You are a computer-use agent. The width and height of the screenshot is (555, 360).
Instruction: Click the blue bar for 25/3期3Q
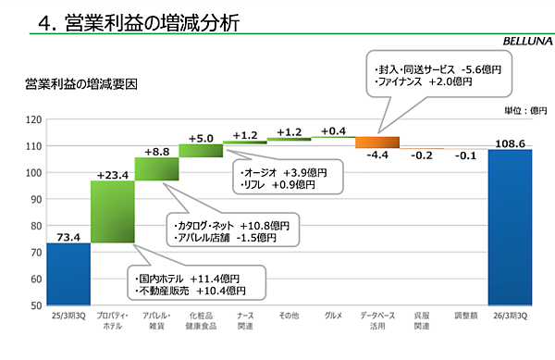click(68, 273)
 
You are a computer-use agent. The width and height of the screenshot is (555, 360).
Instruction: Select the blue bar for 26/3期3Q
click(510, 227)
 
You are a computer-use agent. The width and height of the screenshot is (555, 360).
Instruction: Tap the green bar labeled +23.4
click(113, 212)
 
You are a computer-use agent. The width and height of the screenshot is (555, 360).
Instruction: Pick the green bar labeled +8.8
click(156, 169)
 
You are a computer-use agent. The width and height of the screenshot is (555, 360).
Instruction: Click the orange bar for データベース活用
click(377, 143)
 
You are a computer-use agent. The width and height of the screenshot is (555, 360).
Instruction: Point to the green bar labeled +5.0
click(201, 150)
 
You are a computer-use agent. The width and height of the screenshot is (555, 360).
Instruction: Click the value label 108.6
click(510, 143)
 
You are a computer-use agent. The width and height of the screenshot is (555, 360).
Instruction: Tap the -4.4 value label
click(377, 156)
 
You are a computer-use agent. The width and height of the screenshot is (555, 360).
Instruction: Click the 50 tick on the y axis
click(34, 304)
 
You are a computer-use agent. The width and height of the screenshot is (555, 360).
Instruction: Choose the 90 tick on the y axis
click(34, 199)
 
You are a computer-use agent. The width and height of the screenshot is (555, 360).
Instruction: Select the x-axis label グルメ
click(333, 317)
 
